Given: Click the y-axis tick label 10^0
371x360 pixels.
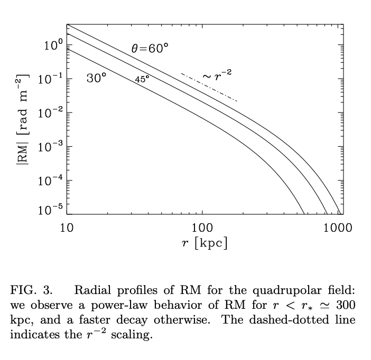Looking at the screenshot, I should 54,46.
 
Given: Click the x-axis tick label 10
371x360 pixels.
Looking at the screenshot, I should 67,228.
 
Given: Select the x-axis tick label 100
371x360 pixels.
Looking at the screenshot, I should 202,228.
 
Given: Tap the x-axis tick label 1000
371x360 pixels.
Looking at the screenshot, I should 337,228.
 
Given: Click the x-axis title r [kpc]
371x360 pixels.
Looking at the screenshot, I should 204,244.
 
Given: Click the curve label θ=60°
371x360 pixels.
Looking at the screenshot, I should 150,49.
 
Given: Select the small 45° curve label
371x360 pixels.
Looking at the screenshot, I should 142,79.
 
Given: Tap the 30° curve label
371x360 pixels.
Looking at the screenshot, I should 96,79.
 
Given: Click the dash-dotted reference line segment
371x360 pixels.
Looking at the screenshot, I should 209,87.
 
